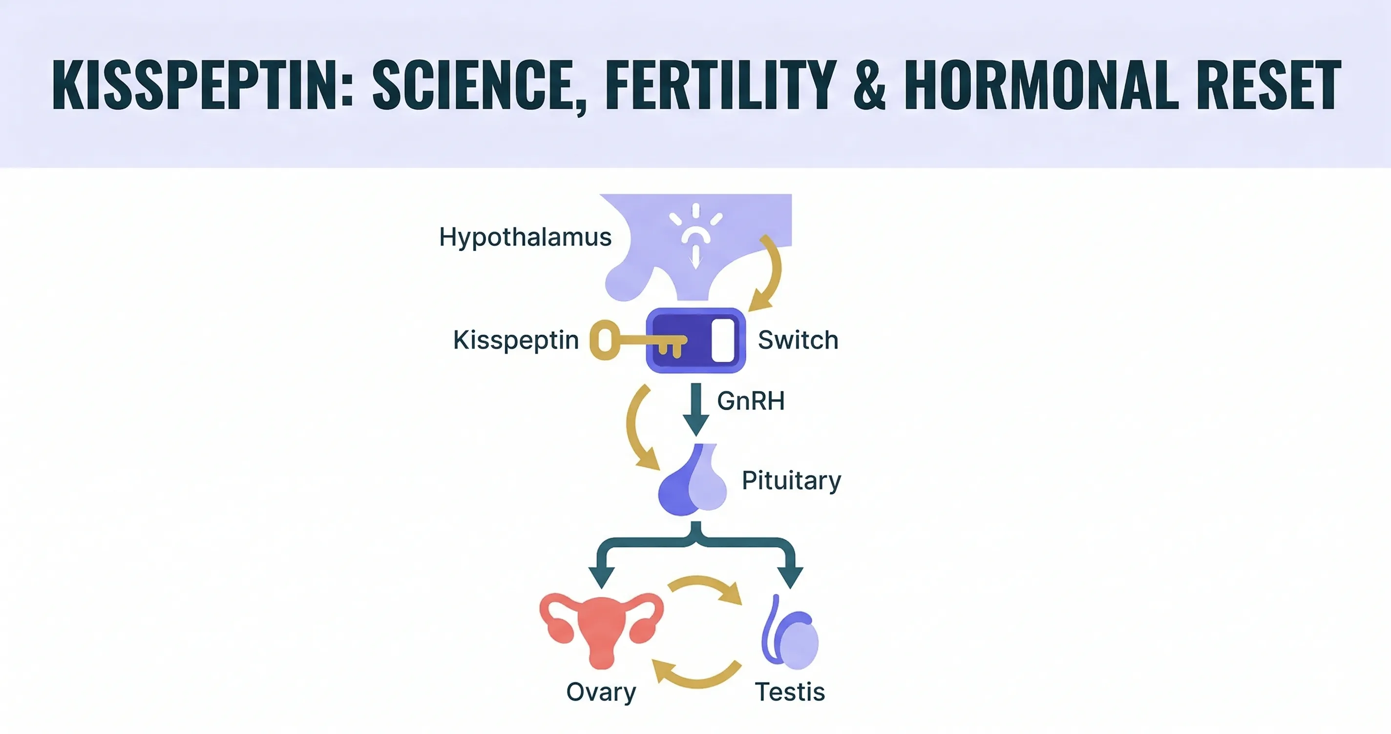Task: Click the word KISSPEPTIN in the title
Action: [x=203, y=85]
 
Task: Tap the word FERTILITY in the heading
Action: [x=721, y=85]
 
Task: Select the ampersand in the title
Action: [x=870, y=85]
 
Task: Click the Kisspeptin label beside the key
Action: [x=516, y=340]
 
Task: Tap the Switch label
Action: [x=798, y=340]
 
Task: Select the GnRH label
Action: [x=751, y=401]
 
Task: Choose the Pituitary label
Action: [x=792, y=480]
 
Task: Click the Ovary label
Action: [x=601, y=693]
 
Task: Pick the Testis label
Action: [x=790, y=692]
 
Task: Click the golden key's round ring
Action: [x=605, y=340]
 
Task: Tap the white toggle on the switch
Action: [x=723, y=340]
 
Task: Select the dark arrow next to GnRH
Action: [x=696, y=409]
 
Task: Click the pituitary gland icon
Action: [x=692, y=479]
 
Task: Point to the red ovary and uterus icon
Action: [x=601, y=631]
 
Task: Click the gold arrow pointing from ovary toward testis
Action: [x=705, y=582]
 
